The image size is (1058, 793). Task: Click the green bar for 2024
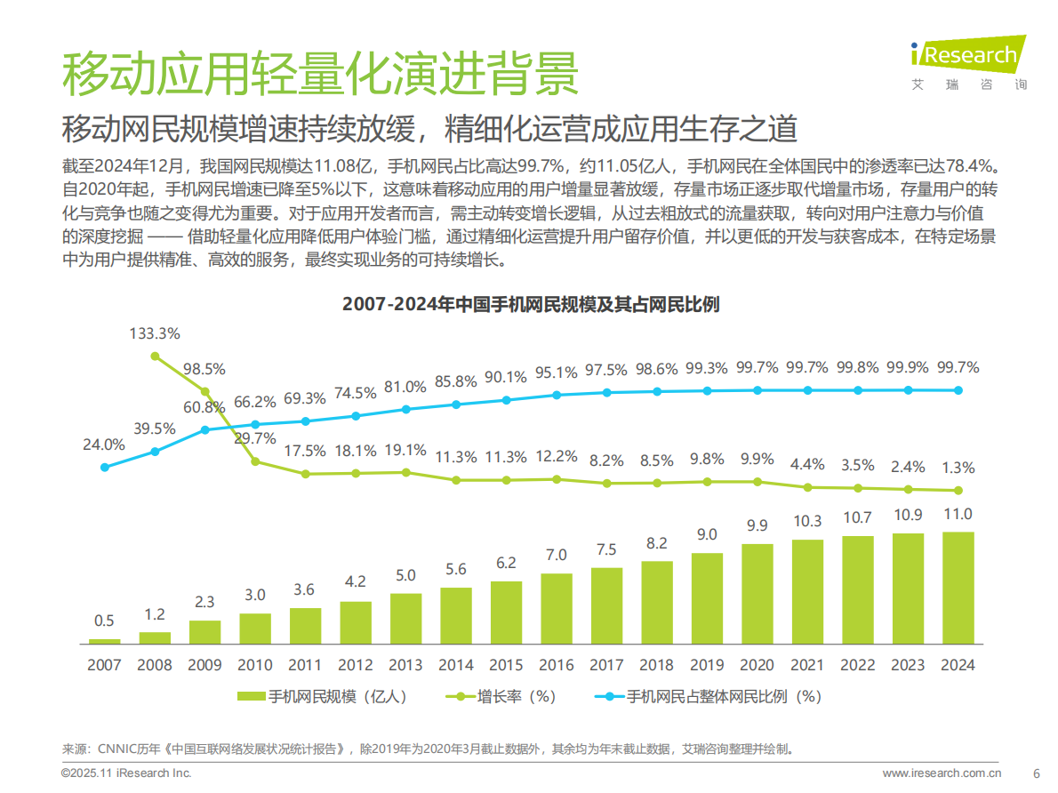point(958,588)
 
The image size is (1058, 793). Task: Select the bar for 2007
point(105,640)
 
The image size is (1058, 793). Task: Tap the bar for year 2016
point(557,608)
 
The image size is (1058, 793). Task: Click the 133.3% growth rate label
point(155,334)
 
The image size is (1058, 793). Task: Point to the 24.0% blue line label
point(104,445)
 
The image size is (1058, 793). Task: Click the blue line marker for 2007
point(105,467)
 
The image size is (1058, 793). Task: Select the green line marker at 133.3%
point(155,356)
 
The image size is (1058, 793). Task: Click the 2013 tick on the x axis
point(405,664)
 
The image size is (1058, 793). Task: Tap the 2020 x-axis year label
point(757,664)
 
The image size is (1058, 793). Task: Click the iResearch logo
point(968,58)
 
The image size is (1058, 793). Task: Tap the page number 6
point(1035,773)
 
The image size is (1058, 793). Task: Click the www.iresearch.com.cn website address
point(942,773)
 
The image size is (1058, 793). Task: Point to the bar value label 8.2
point(657,543)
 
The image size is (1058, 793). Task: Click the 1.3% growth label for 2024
point(958,468)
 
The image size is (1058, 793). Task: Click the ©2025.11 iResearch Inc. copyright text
point(126,773)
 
